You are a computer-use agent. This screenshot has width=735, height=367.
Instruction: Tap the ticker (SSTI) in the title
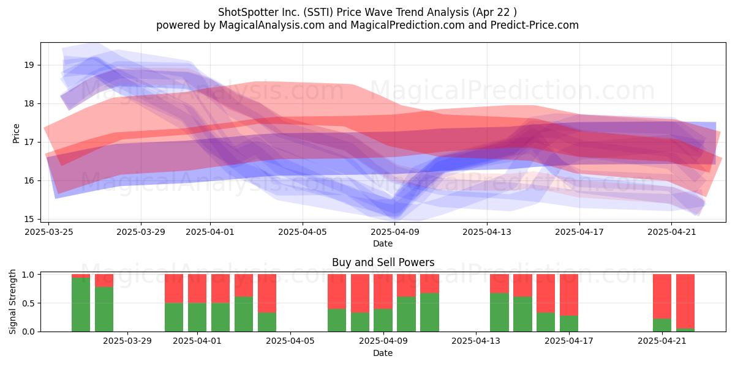coord(318,12)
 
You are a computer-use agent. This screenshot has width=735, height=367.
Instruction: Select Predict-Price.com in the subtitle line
coord(535,25)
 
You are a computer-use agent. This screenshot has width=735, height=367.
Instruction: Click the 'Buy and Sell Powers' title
coord(383,262)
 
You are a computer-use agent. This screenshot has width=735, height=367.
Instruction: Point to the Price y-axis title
coord(16,133)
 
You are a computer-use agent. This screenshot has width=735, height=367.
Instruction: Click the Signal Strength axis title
coord(12,302)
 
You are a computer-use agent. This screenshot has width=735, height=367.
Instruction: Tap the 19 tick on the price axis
coord(29,65)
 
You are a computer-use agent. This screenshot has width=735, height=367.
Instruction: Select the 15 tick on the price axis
coord(29,219)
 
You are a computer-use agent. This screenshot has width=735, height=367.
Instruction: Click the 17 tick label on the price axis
coord(29,142)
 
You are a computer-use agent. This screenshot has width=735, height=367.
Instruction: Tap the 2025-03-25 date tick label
coord(49,232)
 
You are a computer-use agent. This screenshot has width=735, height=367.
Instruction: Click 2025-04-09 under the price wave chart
coord(395,232)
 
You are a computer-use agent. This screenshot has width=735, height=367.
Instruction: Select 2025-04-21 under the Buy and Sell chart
coord(662,341)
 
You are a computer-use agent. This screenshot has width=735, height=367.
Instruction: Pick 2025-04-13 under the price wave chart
coord(487,232)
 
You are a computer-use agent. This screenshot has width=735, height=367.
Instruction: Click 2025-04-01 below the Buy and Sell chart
coord(197,341)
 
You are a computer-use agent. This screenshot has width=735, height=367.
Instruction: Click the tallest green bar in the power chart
coord(81,305)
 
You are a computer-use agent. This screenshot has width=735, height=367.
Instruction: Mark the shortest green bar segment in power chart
coord(685,330)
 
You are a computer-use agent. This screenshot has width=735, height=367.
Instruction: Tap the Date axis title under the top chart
coord(383,243)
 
